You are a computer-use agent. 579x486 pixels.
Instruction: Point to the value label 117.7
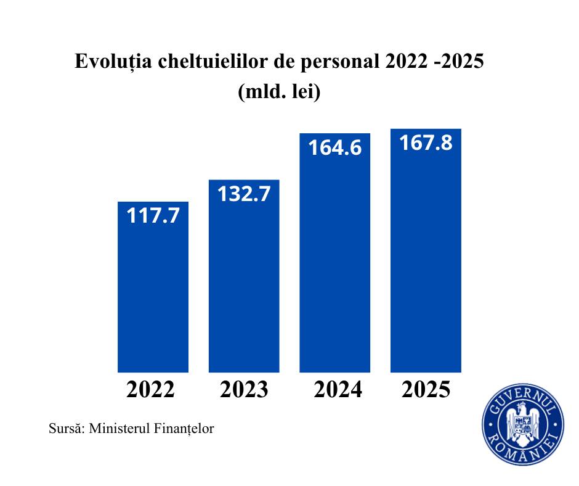click(x=153, y=216)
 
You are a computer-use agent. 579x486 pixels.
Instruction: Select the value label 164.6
click(x=334, y=148)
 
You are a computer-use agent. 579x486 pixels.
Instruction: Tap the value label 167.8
click(x=426, y=143)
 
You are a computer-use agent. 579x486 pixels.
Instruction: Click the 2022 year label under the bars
click(x=152, y=390)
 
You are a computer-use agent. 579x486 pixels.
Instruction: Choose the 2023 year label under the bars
click(x=244, y=390)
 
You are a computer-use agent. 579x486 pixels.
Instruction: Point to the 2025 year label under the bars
click(x=426, y=390)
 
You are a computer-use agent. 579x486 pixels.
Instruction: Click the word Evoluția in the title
click(x=111, y=62)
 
